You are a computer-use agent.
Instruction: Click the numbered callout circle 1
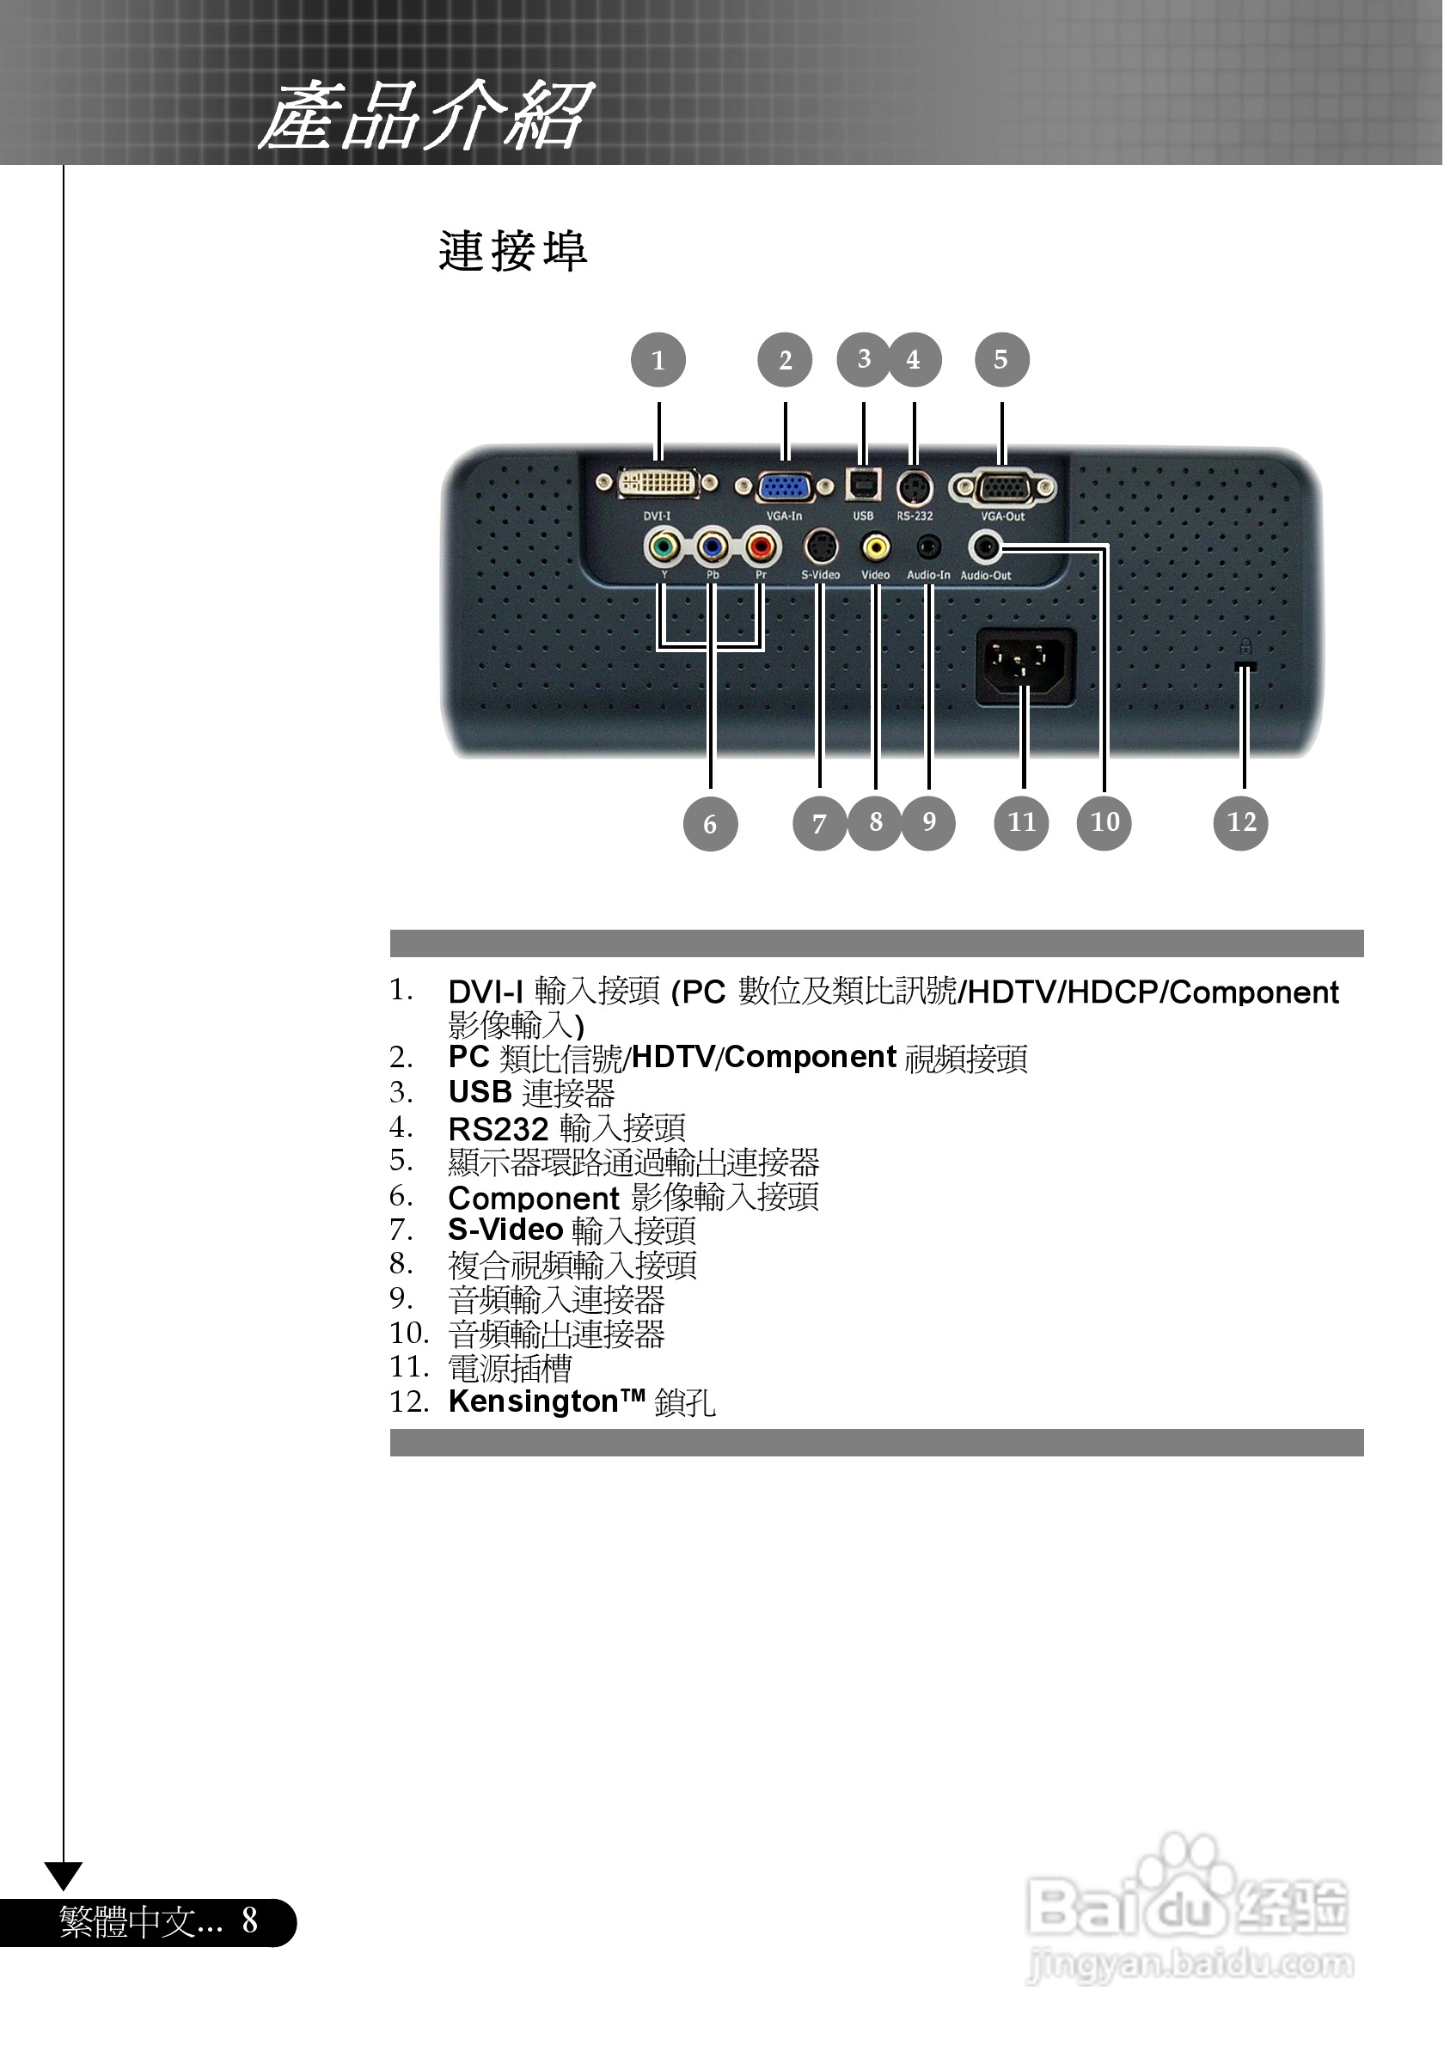coord(658,360)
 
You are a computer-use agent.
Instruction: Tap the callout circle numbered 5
coord(1001,360)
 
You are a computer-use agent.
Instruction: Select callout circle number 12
coord(1241,822)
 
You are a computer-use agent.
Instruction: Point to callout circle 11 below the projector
coord(1021,822)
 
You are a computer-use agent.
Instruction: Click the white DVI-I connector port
coord(658,484)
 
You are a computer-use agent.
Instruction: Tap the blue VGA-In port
coord(784,486)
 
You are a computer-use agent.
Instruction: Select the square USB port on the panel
coord(863,485)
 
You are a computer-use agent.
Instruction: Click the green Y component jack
coord(662,546)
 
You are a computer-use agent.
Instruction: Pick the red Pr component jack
coord(761,546)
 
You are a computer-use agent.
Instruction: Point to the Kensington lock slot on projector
coord(1245,665)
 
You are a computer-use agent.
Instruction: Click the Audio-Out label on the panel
coord(985,576)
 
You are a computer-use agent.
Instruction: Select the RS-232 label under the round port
coord(915,516)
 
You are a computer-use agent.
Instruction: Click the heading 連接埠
coord(513,251)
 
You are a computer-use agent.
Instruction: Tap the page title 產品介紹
coord(425,116)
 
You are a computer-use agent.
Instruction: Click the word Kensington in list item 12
coord(533,1402)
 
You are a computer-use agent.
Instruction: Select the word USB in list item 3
coord(480,1092)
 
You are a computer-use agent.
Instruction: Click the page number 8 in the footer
coord(250,1920)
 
